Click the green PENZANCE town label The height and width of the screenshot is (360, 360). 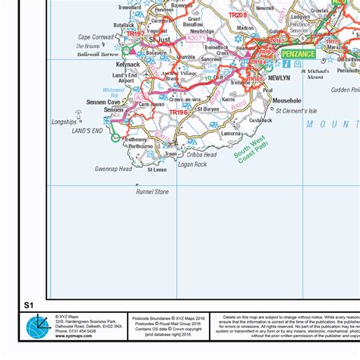click(x=298, y=55)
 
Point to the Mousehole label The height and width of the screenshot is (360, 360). click(x=286, y=100)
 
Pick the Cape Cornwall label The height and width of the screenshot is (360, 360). click(x=95, y=36)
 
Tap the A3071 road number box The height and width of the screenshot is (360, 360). click(x=195, y=37)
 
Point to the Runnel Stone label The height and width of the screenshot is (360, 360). click(x=152, y=191)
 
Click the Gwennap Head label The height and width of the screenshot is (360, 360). click(x=113, y=169)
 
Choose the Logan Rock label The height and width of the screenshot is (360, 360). click(x=192, y=164)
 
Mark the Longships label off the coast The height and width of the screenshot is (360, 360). click(x=65, y=122)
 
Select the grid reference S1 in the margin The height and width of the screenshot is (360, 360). click(x=29, y=305)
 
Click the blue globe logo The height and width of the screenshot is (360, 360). click(x=38, y=327)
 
